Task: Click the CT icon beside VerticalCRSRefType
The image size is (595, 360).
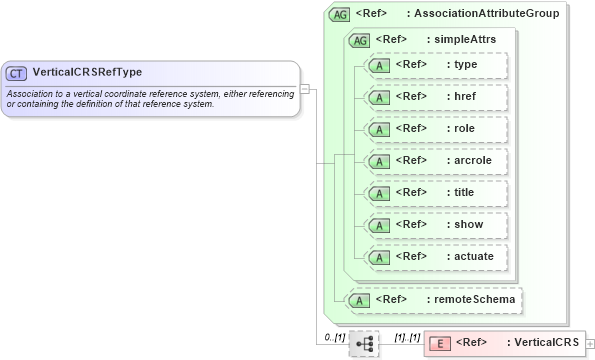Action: (16, 73)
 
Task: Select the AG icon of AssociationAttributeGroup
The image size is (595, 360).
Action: (340, 14)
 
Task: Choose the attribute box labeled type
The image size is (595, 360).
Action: (435, 65)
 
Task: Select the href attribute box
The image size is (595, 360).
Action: (435, 97)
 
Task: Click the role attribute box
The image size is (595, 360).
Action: (435, 129)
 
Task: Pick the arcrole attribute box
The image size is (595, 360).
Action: (435, 161)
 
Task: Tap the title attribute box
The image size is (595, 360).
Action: (435, 193)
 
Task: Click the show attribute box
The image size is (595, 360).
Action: (435, 225)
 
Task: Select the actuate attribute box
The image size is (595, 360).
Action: (435, 257)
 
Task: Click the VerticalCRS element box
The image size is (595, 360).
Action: (504, 343)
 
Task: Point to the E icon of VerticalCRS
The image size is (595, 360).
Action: (438, 343)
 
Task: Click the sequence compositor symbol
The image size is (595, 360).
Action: (364, 343)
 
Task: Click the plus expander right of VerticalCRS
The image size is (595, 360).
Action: (590, 344)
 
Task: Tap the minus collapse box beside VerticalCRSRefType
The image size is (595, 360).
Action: (305, 88)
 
